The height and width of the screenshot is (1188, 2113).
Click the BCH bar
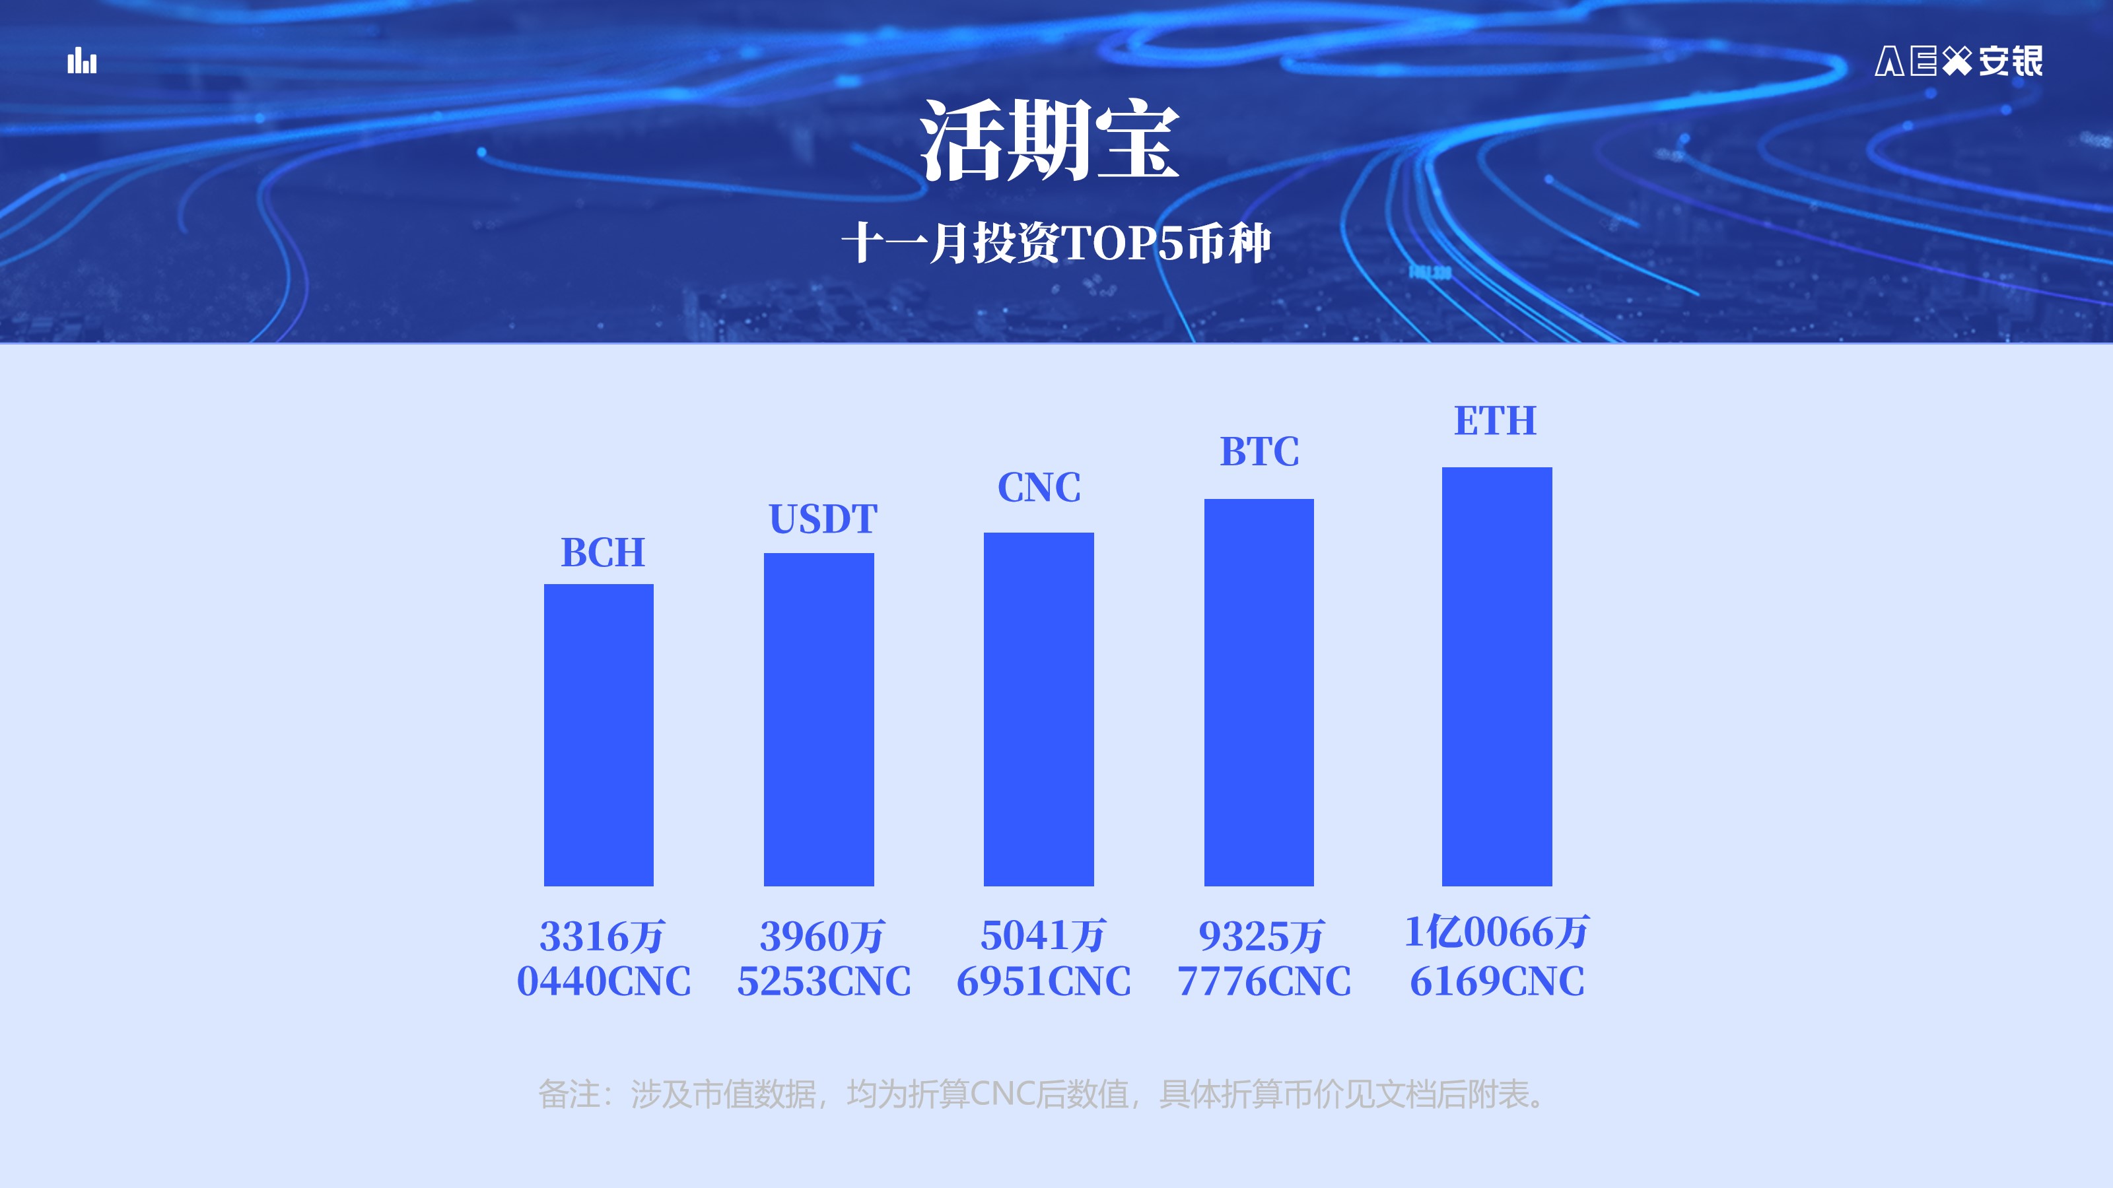(x=599, y=735)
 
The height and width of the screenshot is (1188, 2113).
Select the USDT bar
(x=819, y=719)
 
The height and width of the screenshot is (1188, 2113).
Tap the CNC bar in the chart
(x=1039, y=709)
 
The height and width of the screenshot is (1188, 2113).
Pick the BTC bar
(x=1259, y=692)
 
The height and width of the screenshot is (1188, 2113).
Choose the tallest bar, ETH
(x=1497, y=676)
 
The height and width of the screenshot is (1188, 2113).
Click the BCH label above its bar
(x=603, y=552)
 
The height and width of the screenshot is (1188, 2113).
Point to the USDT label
(x=823, y=519)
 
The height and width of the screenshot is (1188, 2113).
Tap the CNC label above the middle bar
(x=1039, y=487)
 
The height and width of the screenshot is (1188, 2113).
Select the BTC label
(x=1260, y=451)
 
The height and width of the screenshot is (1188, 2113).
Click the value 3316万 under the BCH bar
(x=602, y=937)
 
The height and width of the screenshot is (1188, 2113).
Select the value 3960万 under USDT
(x=823, y=937)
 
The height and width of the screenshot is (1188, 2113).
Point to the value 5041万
(x=1043, y=935)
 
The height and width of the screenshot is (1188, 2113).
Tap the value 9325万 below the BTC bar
(x=1262, y=937)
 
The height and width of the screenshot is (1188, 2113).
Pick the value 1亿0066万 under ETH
(x=1497, y=932)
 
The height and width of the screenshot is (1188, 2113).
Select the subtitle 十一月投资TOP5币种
(x=1056, y=243)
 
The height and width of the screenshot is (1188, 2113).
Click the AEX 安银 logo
(x=1958, y=61)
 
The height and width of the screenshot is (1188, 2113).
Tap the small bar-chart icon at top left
(x=82, y=61)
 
